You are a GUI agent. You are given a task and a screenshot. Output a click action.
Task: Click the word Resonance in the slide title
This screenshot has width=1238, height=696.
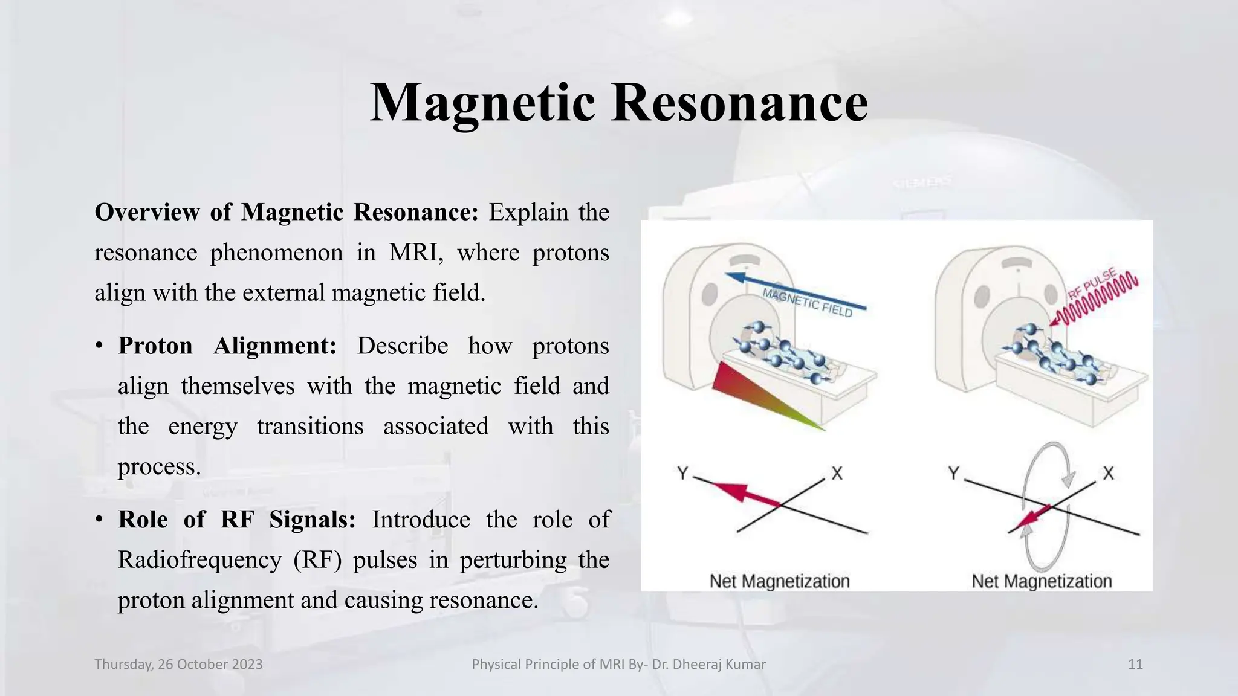click(x=740, y=103)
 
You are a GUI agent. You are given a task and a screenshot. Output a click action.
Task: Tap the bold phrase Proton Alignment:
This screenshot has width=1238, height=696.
click(x=227, y=346)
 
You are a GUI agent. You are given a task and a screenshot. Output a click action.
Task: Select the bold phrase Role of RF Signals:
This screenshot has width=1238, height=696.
click(x=236, y=520)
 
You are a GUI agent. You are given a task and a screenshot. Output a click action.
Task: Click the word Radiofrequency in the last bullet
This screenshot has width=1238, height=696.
click(x=199, y=560)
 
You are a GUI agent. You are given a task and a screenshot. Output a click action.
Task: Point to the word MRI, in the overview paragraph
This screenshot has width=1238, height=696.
click(x=416, y=253)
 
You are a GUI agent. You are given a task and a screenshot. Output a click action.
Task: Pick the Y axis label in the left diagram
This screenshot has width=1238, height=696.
click(x=682, y=473)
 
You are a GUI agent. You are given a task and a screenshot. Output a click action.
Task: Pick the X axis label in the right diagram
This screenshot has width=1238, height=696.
click(x=1108, y=473)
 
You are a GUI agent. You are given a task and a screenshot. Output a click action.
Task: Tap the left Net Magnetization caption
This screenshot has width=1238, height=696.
click(x=779, y=581)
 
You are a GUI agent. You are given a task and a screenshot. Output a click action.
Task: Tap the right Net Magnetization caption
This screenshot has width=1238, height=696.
click(x=1041, y=581)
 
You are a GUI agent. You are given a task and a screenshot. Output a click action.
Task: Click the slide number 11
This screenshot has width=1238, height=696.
click(x=1135, y=665)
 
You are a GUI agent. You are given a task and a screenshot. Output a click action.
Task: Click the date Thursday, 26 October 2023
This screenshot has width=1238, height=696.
click(x=178, y=665)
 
